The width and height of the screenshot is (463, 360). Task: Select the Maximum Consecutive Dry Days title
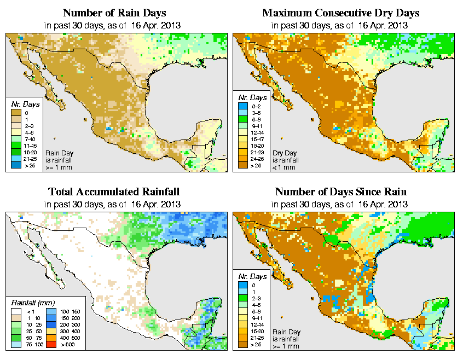point(341,13)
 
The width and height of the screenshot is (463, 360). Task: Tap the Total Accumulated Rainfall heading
point(114,192)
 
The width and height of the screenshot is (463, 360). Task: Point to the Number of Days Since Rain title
point(341,192)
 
